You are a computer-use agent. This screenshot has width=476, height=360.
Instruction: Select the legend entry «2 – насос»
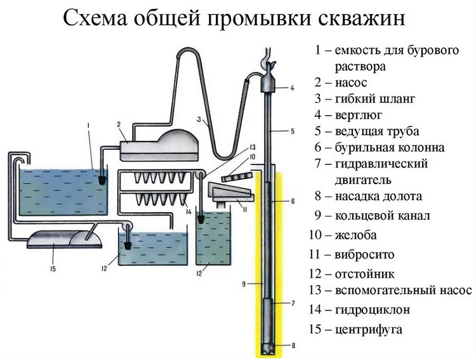(x=340, y=82)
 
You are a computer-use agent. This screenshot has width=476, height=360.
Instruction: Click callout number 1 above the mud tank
(x=89, y=125)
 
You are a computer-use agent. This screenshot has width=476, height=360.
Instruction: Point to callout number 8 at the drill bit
(x=294, y=346)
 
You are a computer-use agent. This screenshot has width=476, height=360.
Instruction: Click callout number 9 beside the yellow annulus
(x=244, y=284)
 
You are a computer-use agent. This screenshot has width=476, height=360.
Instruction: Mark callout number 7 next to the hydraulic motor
(x=293, y=303)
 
